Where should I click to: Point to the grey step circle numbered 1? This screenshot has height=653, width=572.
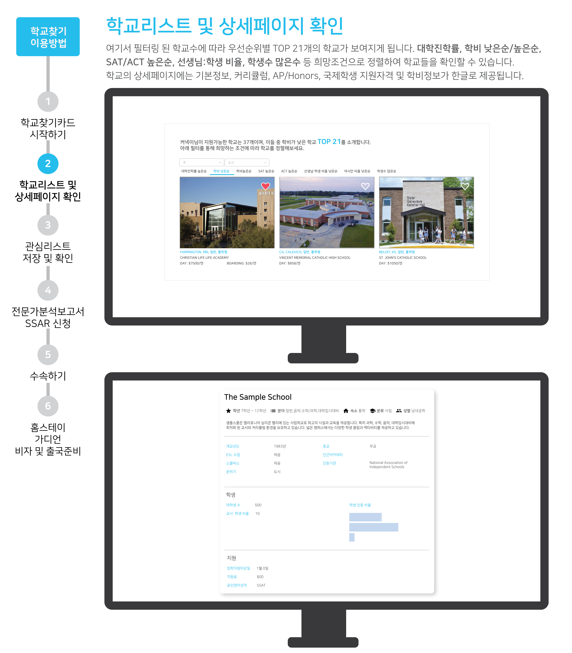tap(48, 101)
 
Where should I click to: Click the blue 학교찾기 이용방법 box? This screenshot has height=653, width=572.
tap(48, 37)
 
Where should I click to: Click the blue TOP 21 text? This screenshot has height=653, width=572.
tap(329, 142)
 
